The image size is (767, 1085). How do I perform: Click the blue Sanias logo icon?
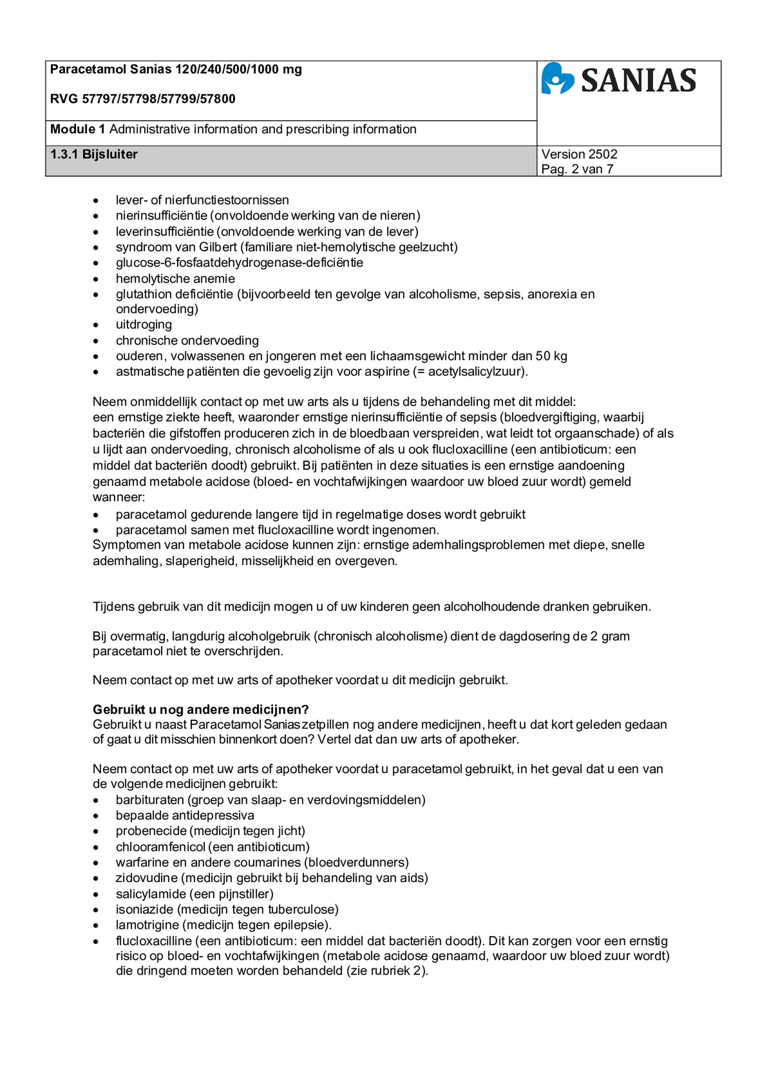(x=557, y=79)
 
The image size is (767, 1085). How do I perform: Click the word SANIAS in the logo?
(x=638, y=81)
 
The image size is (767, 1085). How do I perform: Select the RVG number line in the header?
(x=143, y=99)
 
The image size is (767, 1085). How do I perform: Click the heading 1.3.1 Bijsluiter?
(x=94, y=154)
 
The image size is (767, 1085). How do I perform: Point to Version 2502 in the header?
(x=579, y=154)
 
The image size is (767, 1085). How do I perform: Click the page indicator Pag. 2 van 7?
(x=577, y=169)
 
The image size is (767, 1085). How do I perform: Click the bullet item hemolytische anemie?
(x=175, y=278)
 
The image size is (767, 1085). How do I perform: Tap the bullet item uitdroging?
(x=144, y=325)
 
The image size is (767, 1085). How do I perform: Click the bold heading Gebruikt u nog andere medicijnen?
(x=201, y=709)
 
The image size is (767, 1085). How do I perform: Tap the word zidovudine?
(x=146, y=878)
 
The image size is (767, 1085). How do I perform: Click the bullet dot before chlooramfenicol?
(x=96, y=848)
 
